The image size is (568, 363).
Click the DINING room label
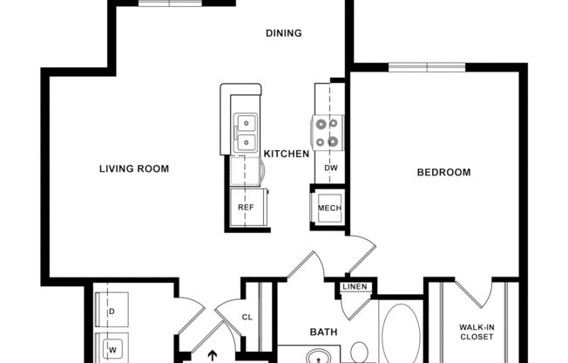tap(283, 34)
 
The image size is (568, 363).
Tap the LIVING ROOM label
tap(133, 168)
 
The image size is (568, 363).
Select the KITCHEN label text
tap(287, 154)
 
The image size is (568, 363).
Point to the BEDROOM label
tap(443, 172)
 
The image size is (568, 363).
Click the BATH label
tap(324, 332)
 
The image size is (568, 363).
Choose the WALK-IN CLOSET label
tap(477, 332)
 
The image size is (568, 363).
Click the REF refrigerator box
tap(247, 208)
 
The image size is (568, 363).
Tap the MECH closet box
tap(328, 209)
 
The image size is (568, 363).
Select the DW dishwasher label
tap(330, 168)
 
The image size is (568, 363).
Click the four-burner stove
tap(327, 132)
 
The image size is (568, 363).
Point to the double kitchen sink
tap(247, 132)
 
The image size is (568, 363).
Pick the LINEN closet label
tap(355, 287)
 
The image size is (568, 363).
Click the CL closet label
tap(247, 318)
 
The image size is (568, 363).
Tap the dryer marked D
tap(112, 310)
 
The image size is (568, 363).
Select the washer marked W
tap(112, 347)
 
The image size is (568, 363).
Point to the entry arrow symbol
tap(209, 355)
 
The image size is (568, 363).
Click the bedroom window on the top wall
tap(426, 66)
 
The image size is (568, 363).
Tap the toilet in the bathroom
tap(359, 353)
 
